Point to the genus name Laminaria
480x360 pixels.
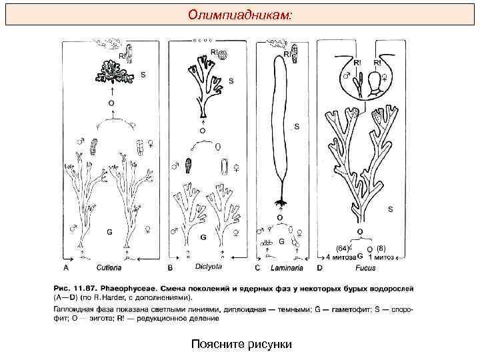(287, 268)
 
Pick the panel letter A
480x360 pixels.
(66, 268)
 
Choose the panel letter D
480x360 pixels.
(321, 268)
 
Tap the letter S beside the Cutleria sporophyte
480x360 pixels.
(143, 75)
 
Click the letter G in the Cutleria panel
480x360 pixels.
(109, 232)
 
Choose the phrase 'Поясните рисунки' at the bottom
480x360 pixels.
(236, 344)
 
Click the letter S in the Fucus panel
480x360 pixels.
(391, 209)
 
